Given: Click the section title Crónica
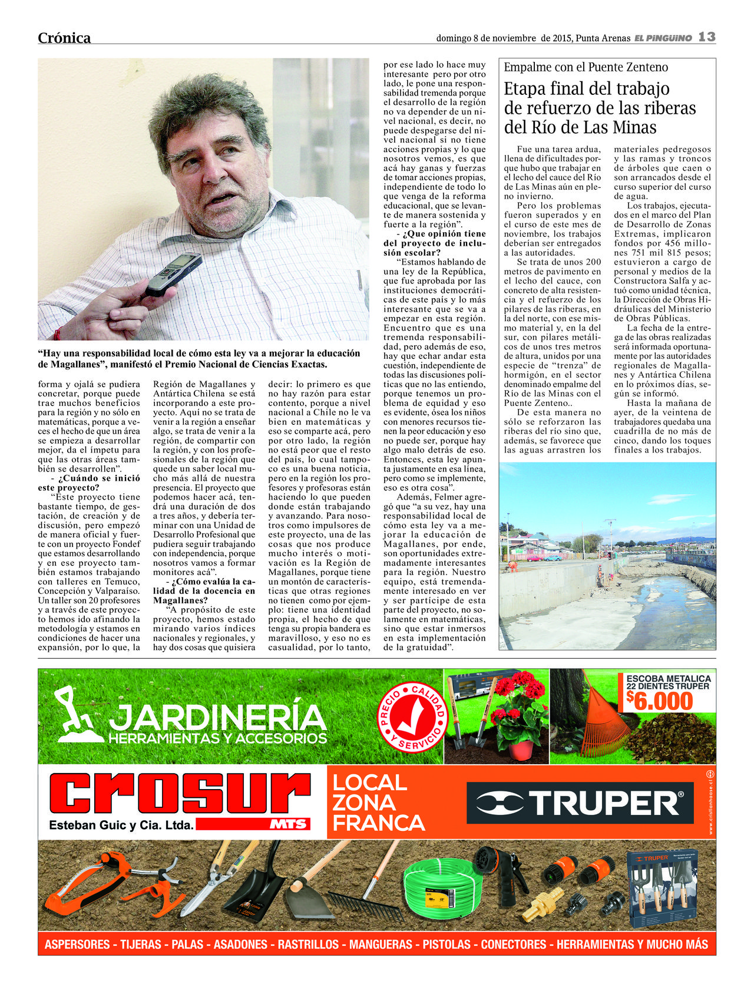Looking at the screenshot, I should (x=64, y=38).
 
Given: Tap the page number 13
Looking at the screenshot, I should (x=707, y=37).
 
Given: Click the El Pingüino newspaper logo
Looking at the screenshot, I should (x=663, y=38).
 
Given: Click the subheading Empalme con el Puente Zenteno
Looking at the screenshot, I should (x=586, y=67).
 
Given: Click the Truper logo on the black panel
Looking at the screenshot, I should (x=580, y=803).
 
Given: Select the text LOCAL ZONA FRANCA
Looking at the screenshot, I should (x=378, y=803).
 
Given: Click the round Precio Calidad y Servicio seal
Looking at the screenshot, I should (x=412, y=717).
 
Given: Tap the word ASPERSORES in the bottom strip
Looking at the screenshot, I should (x=78, y=945).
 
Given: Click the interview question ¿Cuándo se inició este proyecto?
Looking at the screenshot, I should (x=90, y=483).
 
